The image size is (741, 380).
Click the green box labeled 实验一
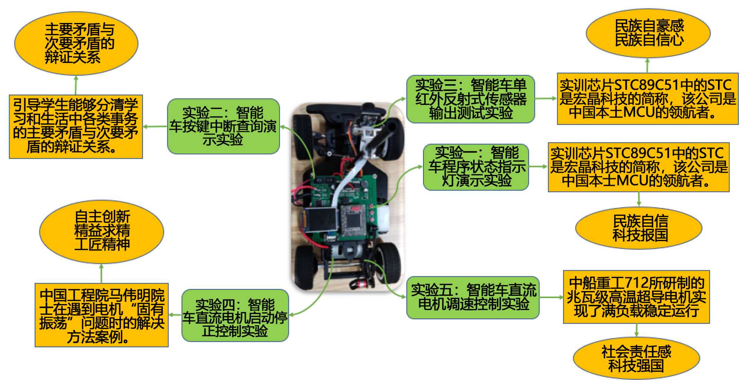pos(476,167)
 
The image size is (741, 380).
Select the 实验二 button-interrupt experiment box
pos(223,126)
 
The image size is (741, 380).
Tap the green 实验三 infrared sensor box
pos(471,99)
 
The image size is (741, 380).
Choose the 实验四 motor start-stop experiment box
pos(235,315)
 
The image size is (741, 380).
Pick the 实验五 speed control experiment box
pos(473,297)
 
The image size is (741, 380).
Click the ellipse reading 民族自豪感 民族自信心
pos(648,33)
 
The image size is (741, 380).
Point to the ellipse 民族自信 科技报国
pos(639,228)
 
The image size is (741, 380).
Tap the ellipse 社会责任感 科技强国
pos(636,358)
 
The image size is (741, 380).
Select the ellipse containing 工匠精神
pos(102,231)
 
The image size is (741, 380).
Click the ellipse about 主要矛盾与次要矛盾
pos(76,43)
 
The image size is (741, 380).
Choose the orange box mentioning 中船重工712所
pos(636,297)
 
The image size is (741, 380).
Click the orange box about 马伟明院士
pos(102,315)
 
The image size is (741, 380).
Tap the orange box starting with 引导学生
pos(76,126)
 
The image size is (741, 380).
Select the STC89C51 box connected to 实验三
pos(648,99)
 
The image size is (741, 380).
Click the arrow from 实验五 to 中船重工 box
pos(551,297)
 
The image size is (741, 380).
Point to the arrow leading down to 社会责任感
pos(637,330)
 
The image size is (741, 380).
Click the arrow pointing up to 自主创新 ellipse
pos(101,273)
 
